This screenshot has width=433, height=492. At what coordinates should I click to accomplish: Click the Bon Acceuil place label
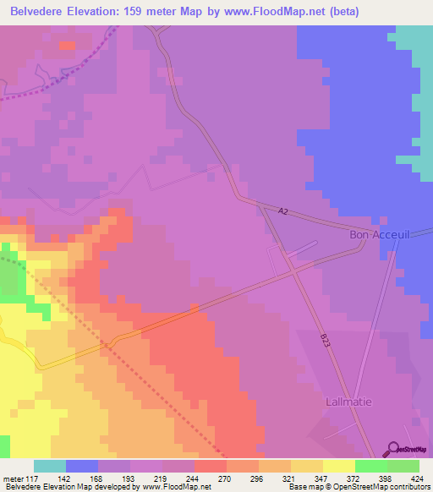(x=380, y=236)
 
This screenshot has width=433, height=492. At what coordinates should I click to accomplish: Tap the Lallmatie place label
(x=348, y=402)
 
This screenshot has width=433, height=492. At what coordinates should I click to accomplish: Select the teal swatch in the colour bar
(x=50, y=466)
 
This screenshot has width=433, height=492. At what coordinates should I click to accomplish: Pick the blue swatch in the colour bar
(x=82, y=466)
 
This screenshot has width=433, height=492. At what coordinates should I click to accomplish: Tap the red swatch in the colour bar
(x=211, y=466)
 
